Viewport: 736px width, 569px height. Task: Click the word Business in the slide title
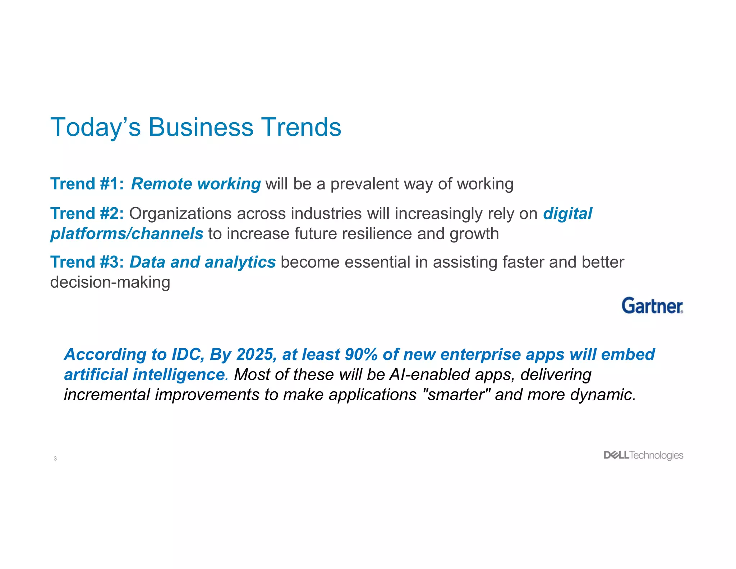click(201, 127)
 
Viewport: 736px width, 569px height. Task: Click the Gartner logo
click(652, 306)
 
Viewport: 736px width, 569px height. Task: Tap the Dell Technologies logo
click(643, 455)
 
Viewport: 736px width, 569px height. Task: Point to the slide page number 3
click(55, 459)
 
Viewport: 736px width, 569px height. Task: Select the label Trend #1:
click(87, 184)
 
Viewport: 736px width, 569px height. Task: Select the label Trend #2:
click(87, 214)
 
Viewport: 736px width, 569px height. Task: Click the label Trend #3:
click(87, 262)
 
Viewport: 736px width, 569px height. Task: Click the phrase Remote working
click(196, 184)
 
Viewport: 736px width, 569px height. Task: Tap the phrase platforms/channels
click(127, 234)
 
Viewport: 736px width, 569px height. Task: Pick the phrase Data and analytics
click(203, 262)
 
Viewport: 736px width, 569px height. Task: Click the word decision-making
click(110, 282)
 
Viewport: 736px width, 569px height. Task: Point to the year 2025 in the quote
click(256, 355)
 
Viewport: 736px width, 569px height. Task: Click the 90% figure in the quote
click(361, 355)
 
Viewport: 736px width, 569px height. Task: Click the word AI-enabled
click(430, 375)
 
